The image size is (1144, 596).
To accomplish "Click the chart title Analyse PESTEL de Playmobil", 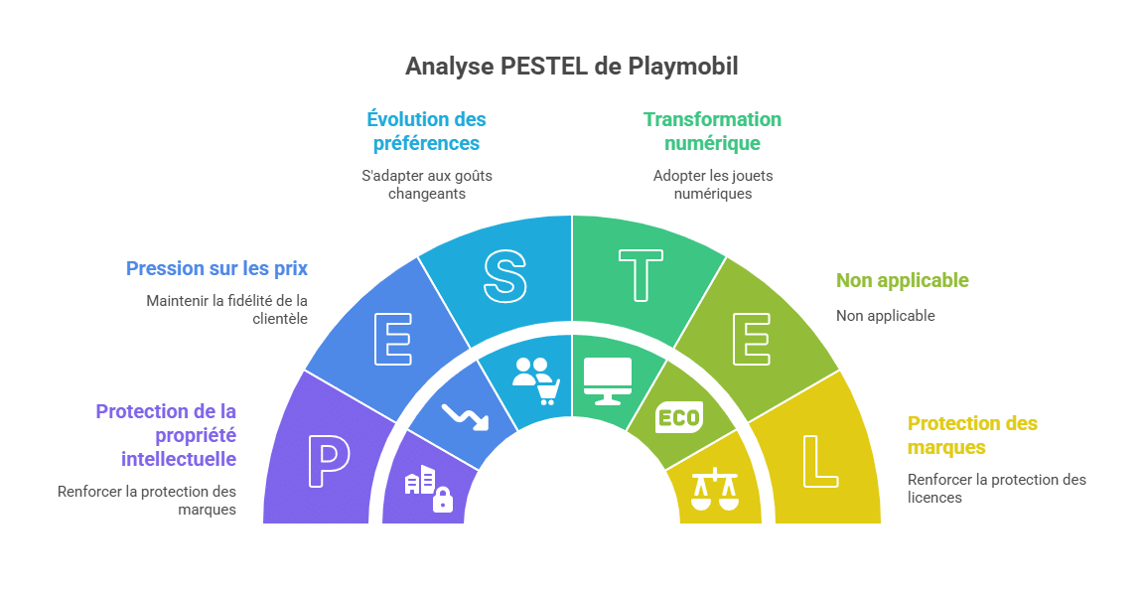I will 571,67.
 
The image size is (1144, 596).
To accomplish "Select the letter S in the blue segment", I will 504,275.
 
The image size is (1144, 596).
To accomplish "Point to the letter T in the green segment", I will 641,275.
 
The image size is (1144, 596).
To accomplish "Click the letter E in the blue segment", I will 393,341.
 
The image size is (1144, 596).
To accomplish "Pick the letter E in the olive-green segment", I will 751,341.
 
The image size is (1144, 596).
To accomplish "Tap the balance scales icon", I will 716,489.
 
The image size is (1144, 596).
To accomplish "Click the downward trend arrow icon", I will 465,416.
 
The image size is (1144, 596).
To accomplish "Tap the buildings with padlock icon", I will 428,488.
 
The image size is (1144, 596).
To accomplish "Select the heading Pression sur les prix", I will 216,268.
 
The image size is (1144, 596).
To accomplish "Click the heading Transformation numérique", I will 712,131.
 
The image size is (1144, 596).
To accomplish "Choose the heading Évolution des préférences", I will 426,131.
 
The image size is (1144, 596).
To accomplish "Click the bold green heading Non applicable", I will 902,280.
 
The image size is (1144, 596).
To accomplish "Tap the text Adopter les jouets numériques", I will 712,185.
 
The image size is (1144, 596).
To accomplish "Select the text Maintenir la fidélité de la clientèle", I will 226,309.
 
